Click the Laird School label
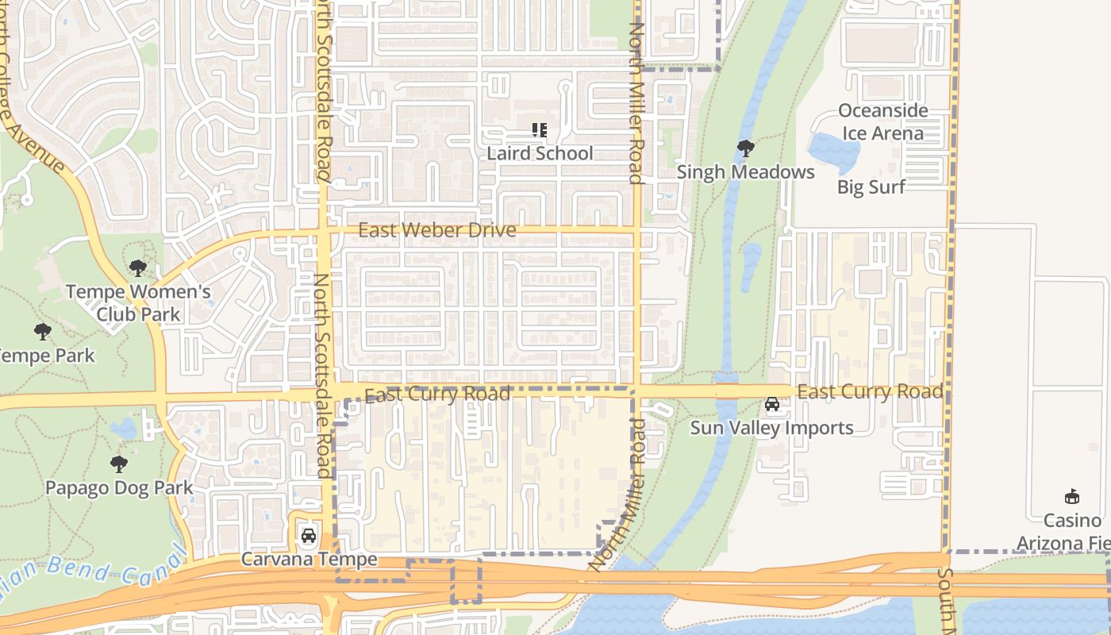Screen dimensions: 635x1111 tap(540, 153)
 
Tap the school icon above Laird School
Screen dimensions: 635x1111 tap(540, 130)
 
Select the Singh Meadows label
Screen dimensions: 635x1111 tap(745, 171)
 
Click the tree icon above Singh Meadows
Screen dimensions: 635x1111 tap(745, 148)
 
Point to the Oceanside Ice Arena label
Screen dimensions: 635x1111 tap(882, 121)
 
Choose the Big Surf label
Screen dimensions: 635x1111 tap(871, 187)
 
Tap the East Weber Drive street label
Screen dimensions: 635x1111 tap(437, 230)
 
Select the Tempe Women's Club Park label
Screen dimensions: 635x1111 tap(138, 302)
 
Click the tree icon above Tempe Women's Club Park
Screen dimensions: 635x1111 tap(138, 268)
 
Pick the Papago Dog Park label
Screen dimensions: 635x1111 tap(119, 487)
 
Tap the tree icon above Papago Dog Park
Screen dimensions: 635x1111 tap(119, 464)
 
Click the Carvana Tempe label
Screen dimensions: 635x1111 tap(309, 560)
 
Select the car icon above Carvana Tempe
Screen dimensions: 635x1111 tap(309, 536)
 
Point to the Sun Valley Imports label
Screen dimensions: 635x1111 tap(771, 428)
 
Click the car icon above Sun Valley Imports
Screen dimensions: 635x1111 tap(771, 405)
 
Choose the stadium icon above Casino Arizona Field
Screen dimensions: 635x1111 tap(1072, 497)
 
